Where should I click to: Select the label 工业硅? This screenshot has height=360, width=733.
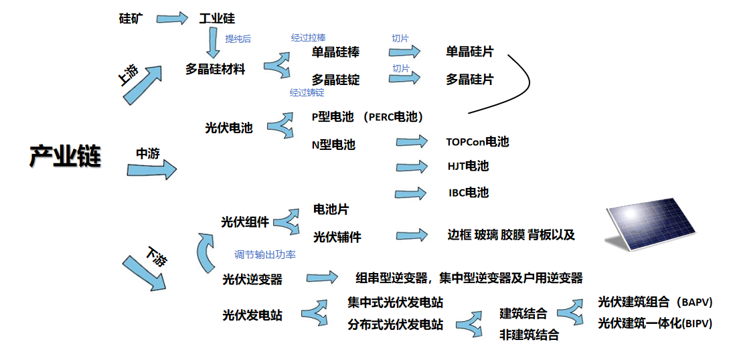coord(218,19)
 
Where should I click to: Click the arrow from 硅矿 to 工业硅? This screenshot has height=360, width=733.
coord(175,18)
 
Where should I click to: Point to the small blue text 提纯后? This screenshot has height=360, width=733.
coord(238,39)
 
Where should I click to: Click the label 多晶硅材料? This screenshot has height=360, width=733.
coord(216,68)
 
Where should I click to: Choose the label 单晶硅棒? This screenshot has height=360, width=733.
coord(335,52)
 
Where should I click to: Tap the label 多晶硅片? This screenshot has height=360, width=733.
coord(470,79)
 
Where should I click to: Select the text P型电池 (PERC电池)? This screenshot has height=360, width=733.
coord(368,116)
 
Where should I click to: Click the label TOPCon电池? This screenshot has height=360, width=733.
coord(477,142)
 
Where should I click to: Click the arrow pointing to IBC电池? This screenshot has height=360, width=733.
coord(411,193)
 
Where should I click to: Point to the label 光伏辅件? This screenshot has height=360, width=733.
coord(337,237)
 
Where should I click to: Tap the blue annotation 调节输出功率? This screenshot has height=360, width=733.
coord(265,255)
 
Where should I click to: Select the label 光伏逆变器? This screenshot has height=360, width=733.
coord(252,279)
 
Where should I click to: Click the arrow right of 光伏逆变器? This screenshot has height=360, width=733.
coord(322,277)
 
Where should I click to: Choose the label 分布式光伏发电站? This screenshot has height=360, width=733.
coord(396,325)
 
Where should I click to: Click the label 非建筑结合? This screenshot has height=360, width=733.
coord(529,335)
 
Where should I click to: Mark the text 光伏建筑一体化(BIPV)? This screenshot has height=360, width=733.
coord(655,323)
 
